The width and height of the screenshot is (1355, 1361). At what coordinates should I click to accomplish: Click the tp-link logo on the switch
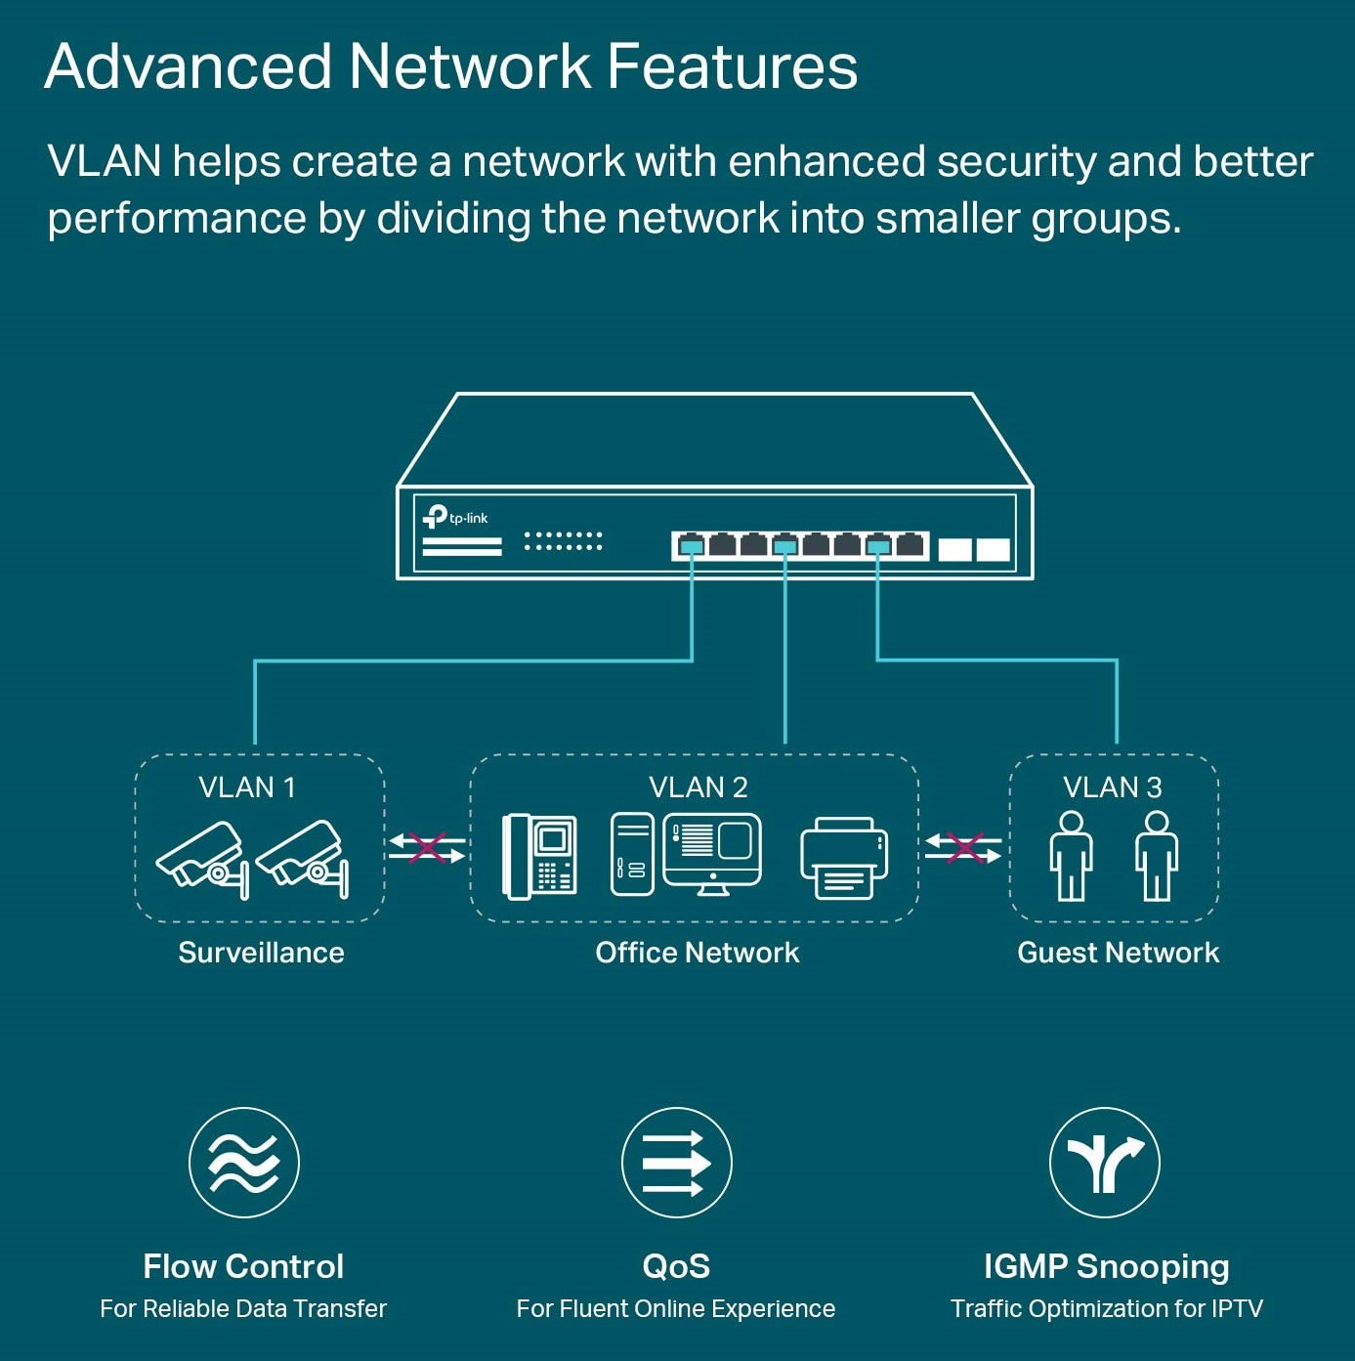coord(454,517)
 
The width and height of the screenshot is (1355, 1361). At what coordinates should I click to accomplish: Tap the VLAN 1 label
coord(247,787)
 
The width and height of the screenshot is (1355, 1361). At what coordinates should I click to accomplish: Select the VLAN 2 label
coord(699,787)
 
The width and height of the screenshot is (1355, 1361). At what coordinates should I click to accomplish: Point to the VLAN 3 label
coord(1113,787)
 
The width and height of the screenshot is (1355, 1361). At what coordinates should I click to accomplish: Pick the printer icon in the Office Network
coord(844,858)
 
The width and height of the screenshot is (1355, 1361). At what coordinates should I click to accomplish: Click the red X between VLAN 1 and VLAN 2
coord(427,847)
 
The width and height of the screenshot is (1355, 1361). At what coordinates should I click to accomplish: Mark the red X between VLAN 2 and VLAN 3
coord(964,847)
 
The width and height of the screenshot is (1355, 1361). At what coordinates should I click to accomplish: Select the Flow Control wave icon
coord(244,1163)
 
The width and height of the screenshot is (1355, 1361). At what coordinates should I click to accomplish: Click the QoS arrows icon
coord(676,1163)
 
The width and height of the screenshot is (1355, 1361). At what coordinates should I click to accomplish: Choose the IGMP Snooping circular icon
coord(1105,1163)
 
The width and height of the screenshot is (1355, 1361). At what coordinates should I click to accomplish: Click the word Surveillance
coord(261,953)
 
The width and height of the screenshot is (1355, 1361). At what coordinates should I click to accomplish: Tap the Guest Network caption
coord(1118,953)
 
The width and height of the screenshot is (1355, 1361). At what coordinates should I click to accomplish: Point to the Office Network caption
coord(698,953)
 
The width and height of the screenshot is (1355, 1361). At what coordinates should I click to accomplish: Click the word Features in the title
coord(732,66)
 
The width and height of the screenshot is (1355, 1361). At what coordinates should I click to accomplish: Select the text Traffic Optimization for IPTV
coord(1106,1309)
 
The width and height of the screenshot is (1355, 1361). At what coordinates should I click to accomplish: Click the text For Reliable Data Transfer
coord(243,1309)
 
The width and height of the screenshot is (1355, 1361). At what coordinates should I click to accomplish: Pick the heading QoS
coord(676,1266)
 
